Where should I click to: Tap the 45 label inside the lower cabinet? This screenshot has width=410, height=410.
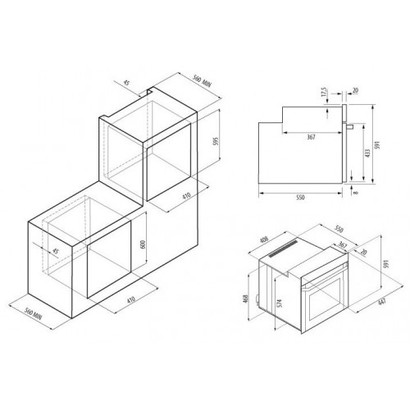click(55, 251)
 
